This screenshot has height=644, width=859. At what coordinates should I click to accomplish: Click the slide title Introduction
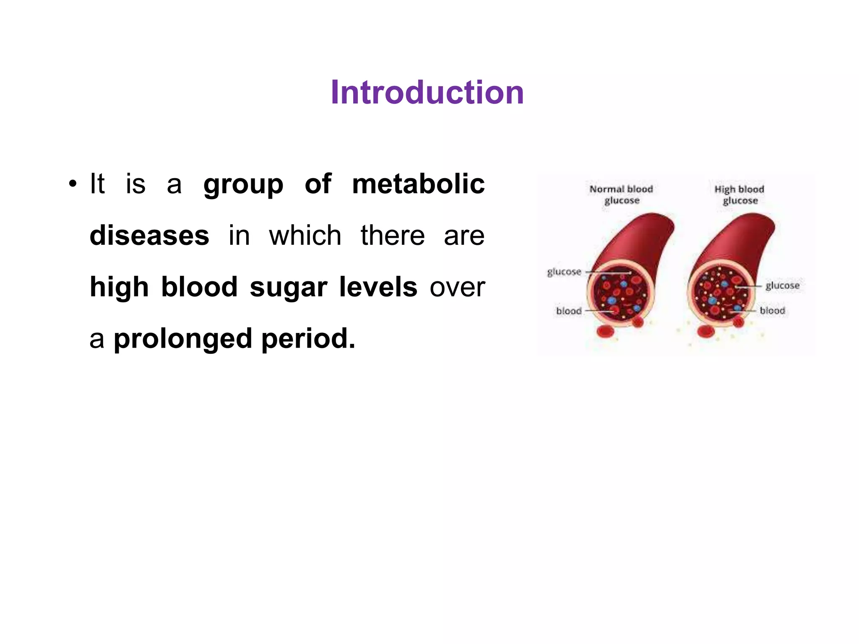pos(427,93)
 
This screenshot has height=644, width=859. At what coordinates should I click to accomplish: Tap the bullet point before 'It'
pos(73,184)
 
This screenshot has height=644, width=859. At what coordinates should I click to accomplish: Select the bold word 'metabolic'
pos(418,184)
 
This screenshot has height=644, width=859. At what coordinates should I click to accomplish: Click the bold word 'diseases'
pos(149,236)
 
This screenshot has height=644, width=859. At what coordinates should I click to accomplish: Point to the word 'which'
pos(305,236)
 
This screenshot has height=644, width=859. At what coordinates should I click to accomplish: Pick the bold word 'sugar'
pos(288,287)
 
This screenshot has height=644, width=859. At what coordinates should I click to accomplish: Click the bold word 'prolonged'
pos(183,339)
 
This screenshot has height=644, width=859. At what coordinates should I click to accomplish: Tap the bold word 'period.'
pos(308,339)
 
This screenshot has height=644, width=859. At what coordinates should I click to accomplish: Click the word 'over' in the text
pos(457,288)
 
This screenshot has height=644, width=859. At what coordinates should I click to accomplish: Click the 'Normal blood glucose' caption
pos(621,195)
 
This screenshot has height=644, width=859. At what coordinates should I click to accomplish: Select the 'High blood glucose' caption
pos(739,195)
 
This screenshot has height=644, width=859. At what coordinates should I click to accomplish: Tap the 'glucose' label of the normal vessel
pos(564,272)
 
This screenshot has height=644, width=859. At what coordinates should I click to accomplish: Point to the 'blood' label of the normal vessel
pos(569,311)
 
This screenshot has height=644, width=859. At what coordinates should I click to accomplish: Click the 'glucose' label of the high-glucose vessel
pos(782,286)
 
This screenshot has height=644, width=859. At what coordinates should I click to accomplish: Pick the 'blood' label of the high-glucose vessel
pos(772,311)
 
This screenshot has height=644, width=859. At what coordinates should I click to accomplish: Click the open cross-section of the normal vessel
pos(620,292)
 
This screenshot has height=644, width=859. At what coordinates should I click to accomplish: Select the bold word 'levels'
pos(378,287)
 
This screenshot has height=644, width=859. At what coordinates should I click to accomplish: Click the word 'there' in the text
pos(393,236)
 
